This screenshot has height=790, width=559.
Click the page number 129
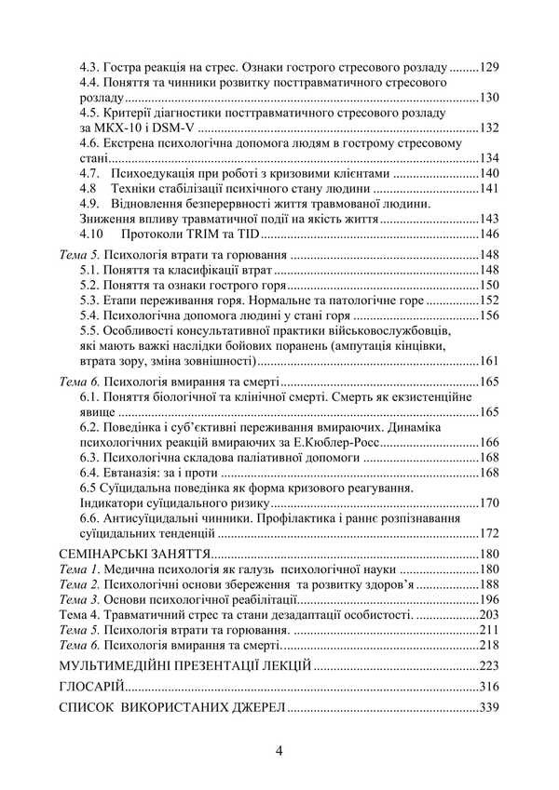click(x=490, y=67)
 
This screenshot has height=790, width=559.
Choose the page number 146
click(x=490, y=233)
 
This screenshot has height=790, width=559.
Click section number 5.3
click(x=89, y=300)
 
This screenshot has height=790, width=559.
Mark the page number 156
click(x=490, y=315)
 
